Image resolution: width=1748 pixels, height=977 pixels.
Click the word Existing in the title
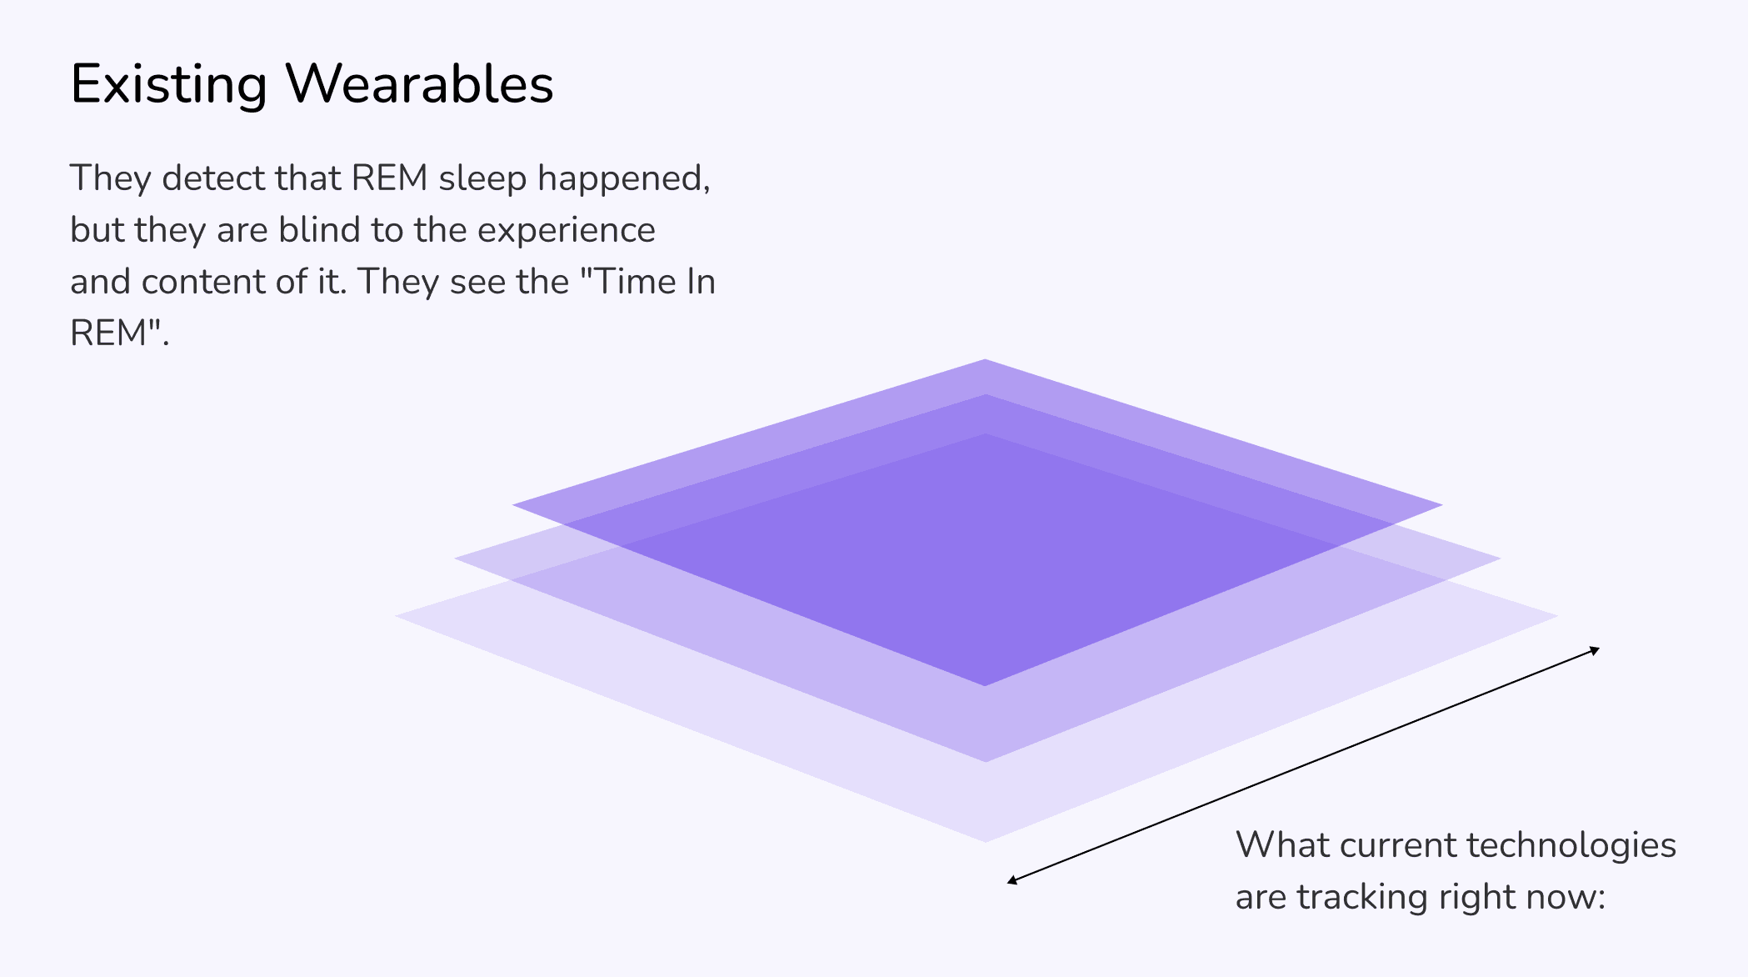click(x=169, y=85)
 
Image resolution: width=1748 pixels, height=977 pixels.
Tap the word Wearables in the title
click(x=420, y=83)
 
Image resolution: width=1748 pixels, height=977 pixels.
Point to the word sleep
click(x=482, y=179)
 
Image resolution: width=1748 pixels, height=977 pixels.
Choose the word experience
click(x=567, y=232)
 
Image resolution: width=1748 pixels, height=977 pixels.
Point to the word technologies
click(x=1571, y=846)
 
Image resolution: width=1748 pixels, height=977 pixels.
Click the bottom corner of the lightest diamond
click(x=985, y=841)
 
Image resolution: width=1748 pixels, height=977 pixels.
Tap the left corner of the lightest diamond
click(x=397, y=616)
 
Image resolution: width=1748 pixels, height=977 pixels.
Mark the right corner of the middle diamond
click(x=1499, y=559)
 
